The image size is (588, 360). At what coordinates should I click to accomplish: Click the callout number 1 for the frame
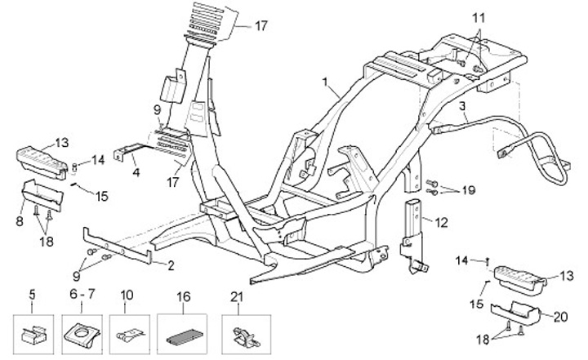pos(325,81)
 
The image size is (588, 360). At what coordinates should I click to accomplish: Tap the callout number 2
pos(171,266)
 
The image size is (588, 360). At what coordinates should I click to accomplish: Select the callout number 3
pos(462,106)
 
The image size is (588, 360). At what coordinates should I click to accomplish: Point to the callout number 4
pos(136,172)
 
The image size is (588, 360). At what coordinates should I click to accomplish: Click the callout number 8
pos(20,221)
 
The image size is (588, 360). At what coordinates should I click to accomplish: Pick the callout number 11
pos(478,18)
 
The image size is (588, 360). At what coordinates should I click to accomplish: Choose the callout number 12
pos(441,223)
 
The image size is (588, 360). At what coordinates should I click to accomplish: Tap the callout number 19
pos(469,190)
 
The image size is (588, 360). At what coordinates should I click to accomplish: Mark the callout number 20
pos(560,318)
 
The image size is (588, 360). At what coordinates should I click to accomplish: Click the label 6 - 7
pos(82,294)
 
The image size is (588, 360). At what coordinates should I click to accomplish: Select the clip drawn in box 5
pos(33,336)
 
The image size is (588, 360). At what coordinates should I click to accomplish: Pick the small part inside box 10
pos(130,335)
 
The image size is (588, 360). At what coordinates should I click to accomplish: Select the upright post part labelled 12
pos(414,234)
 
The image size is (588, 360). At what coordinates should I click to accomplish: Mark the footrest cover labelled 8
pos(42,194)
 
